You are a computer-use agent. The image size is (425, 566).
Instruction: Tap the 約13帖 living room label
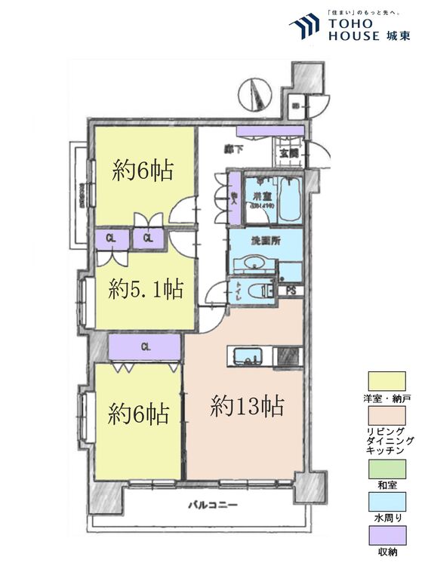pyautogui.click(x=247, y=408)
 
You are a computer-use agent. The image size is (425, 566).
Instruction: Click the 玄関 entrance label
pyautogui.click(x=288, y=153)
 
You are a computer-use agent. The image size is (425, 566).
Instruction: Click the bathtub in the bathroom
pyautogui.click(x=290, y=199)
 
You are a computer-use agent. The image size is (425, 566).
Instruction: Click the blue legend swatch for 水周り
pyautogui.click(x=387, y=501)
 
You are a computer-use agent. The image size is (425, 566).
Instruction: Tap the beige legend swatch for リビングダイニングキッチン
pyautogui.click(x=387, y=416)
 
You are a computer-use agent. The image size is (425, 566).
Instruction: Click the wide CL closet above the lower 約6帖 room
pyautogui.click(x=144, y=347)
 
